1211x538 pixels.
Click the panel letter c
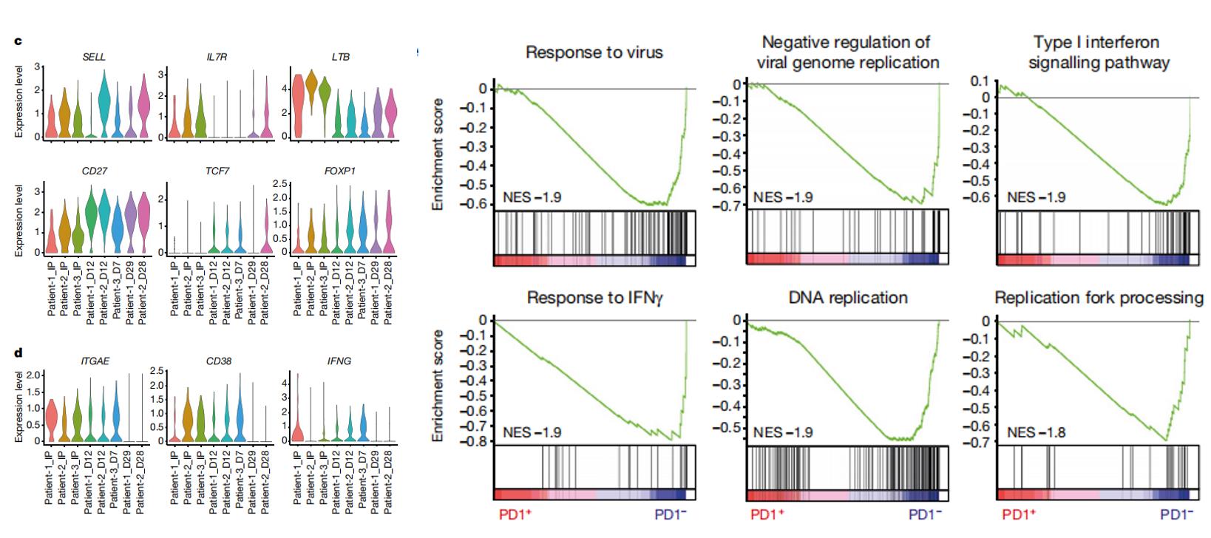[17, 41]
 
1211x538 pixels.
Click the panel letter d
[18, 354]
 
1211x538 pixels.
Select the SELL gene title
[94, 57]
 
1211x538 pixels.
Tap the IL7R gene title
[217, 57]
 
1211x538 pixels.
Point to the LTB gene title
[341, 57]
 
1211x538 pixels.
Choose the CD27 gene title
[95, 171]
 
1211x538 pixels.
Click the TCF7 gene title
[217, 171]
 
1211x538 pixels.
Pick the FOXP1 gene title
[339, 171]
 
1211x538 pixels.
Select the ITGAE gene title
[95, 361]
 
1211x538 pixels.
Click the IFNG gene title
[339, 361]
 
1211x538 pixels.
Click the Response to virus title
[594, 52]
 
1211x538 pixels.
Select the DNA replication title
[847, 298]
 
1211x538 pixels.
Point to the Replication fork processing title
[1099, 298]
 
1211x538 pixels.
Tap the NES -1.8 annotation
[1036, 432]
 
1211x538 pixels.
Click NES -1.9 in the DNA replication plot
[783, 432]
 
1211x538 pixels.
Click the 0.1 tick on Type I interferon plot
[980, 81]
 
